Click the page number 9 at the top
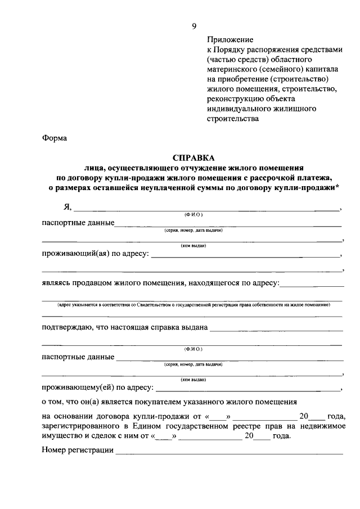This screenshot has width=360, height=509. click(194, 25)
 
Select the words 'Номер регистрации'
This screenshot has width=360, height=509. click(78, 451)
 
